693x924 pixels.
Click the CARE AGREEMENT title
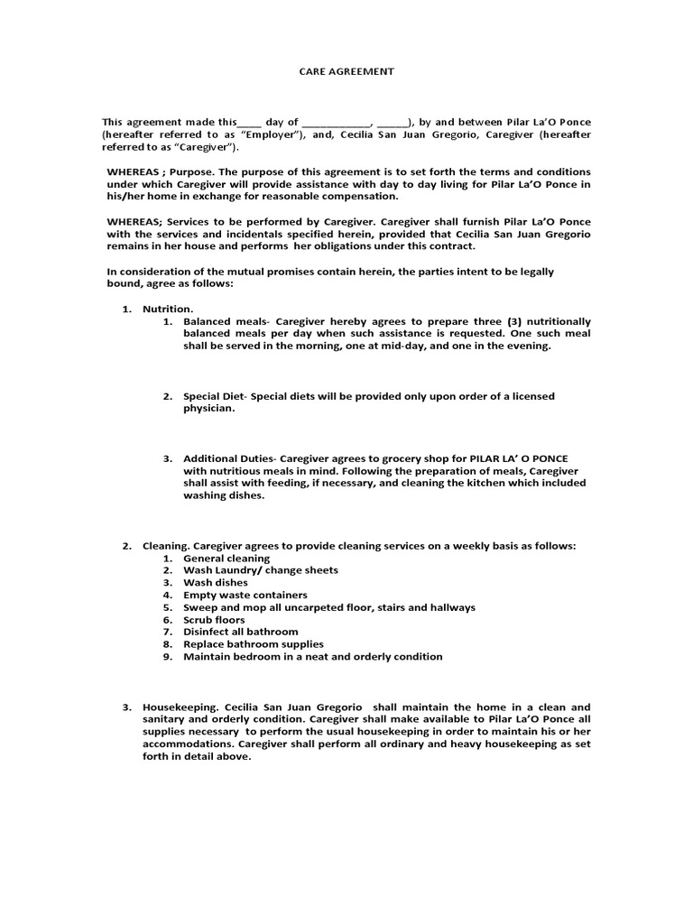pyautogui.click(x=346, y=71)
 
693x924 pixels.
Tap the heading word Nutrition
pyautogui.click(x=168, y=309)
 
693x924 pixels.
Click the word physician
pyautogui.click(x=208, y=408)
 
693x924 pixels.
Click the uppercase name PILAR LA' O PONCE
pyautogui.click(x=515, y=458)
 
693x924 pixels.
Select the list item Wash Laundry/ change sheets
pyautogui.click(x=261, y=570)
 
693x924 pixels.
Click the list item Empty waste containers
pyautogui.click(x=245, y=596)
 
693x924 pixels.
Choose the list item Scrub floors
pyautogui.click(x=214, y=620)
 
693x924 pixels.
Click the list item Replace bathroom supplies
pyautogui.click(x=253, y=644)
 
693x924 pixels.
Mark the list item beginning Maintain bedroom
pyautogui.click(x=312, y=657)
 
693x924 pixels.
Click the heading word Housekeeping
pyautogui.click(x=179, y=707)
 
